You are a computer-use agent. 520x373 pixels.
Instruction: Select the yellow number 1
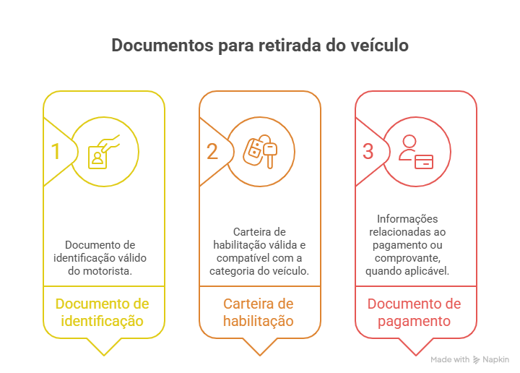[x=55, y=151]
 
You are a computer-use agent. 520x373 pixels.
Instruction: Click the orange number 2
[x=212, y=151]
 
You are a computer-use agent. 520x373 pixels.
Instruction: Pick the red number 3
[x=368, y=151]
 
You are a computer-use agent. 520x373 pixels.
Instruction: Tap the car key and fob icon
[x=260, y=150]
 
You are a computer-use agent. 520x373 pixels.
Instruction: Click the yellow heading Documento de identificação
[x=103, y=312]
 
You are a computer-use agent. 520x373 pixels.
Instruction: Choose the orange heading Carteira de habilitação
[x=260, y=312]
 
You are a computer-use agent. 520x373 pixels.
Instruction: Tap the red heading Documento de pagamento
[x=416, y=312]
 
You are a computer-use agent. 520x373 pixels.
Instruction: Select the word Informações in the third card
[x=408, y=219]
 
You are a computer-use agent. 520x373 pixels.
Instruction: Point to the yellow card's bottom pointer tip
[x=104, y=355]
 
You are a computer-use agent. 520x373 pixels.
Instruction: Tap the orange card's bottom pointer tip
[x=260, y=355]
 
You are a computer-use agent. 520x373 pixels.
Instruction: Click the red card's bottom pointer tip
[x=416, y=355]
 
